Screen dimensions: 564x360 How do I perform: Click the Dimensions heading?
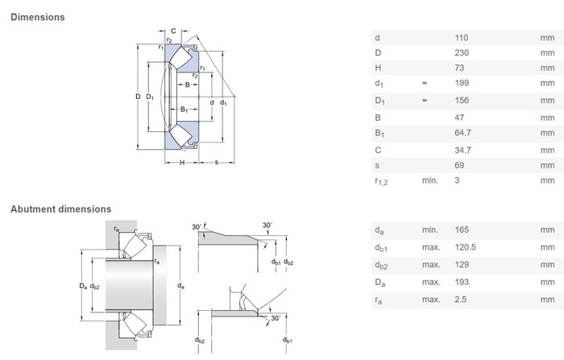click(x=38, y=17)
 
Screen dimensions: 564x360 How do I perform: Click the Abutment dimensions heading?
click(x=60, y=209)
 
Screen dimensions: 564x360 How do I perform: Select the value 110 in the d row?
click(x=462, y=38)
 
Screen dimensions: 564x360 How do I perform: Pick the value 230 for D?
click(x=462, y=53)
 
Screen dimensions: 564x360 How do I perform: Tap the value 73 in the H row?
click(x=459, y=68)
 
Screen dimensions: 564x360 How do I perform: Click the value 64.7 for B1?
click(x=462, y=133)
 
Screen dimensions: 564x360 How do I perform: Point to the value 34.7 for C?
click(x=462, y=150)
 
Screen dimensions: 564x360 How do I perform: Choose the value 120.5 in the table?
click(x=466, y=247)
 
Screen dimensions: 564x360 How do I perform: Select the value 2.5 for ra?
click(x=460, y=300)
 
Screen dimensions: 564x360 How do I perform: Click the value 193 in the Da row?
click(x=462, y=282)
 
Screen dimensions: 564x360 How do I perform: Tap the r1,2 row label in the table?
click(x=381, y=181)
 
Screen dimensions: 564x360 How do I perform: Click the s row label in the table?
click(x=377, y=165)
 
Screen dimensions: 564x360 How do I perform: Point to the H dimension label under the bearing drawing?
click(x=182, y=163)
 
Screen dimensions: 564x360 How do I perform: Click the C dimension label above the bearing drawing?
click(x=173, y=31)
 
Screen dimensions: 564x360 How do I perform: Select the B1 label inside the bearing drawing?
click(x=185, y=110)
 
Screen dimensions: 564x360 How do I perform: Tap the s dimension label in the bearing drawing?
click(x=217, y=163)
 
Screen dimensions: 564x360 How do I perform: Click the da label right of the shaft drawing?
click(x=180, y=286)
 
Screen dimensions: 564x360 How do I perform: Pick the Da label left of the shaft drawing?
click(x=83, y=286)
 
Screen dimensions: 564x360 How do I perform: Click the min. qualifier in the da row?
click(x=430, y=230)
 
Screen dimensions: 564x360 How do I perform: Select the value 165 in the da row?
click(x=462, y=230)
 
